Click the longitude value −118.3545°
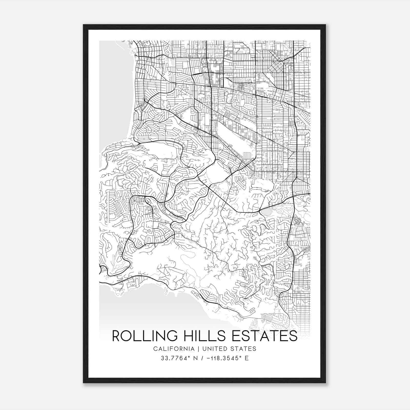coord(224,358)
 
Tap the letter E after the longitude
coord(247,358)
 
